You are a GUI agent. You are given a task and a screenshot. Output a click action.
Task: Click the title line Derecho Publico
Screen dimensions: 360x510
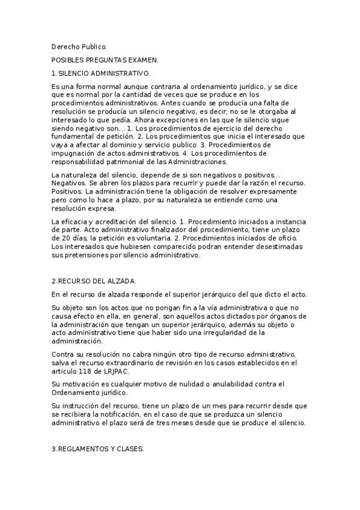(79, 46)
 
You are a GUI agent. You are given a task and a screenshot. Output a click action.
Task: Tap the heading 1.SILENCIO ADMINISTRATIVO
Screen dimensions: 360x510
(100, 73)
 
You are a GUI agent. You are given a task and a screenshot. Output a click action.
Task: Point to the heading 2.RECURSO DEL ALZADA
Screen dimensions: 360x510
(94, 281)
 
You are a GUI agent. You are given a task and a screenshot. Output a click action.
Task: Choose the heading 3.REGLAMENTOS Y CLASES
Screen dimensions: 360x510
(97, 449)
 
